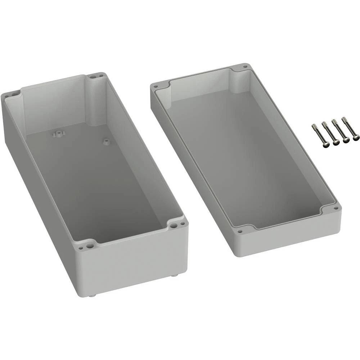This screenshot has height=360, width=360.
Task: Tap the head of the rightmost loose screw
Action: (x=356, y=137)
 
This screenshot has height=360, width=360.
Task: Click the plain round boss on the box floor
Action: (x=105, y=141)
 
